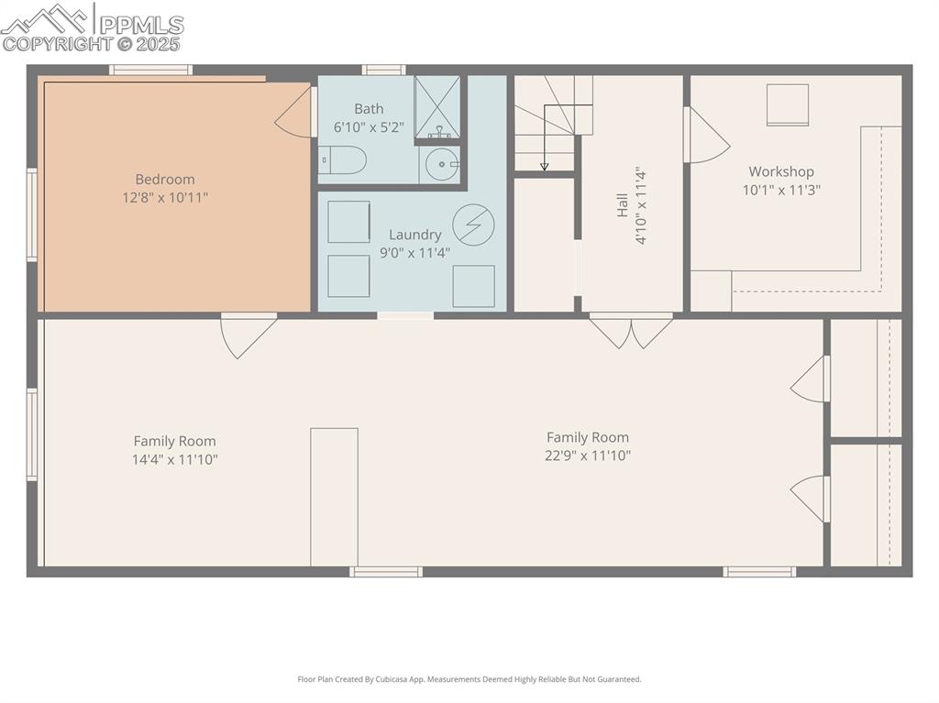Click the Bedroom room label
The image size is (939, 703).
point(165,180)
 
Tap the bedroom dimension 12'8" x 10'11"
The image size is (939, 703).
point(165,197)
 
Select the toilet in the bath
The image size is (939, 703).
point(345,161)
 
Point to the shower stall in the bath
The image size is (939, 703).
point(437,106)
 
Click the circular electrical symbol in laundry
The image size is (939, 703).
point(473,225)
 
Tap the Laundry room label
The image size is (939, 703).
point(414,235)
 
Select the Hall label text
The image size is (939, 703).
point(622,204)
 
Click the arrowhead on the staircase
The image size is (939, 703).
point(544,166)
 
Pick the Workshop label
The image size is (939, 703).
point(780,171)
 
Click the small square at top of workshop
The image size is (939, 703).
point(787,104)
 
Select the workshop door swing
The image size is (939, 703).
point(708,137)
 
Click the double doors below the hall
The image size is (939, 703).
point(631,331)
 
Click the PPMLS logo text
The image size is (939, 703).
point(139,25)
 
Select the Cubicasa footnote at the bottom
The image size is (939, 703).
point(469,679)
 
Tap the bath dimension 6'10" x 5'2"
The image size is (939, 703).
point(369,127)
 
